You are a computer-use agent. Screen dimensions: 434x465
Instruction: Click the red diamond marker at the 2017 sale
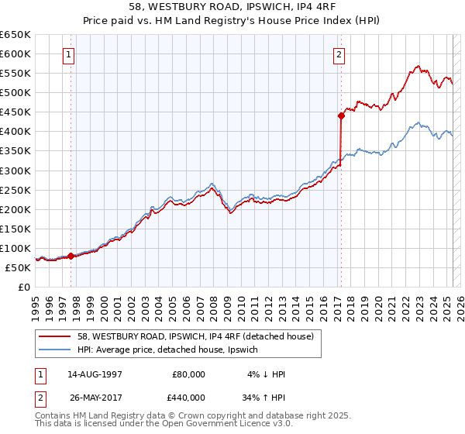(340, 115)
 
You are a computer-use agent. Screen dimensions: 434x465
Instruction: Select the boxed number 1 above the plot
(70, 54)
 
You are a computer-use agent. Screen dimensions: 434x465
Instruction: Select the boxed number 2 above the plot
(339, 54)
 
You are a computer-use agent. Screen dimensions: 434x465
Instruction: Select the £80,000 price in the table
(189, 374)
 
